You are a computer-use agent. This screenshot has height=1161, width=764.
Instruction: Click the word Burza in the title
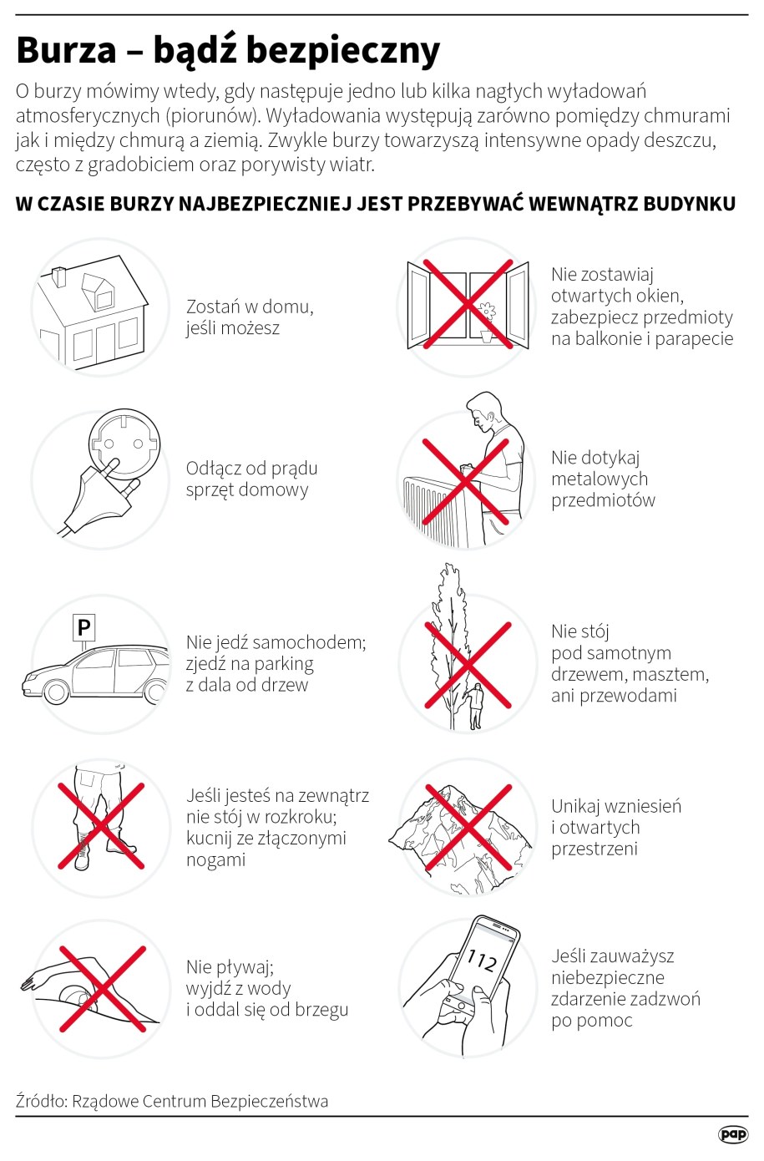coord(66,51)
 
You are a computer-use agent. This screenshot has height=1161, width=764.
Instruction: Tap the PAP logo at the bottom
coord(733,1134)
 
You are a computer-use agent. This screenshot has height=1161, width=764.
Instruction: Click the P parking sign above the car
coord(83,627)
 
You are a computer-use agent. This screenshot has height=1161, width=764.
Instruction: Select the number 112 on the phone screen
coord(482,960)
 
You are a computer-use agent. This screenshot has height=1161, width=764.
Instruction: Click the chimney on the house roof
coord(58,276)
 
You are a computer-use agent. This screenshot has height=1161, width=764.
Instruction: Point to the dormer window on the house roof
coord(99,291)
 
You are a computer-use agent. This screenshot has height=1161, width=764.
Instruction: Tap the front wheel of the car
coord(55,691)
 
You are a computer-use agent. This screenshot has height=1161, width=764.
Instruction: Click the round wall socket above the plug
coord(124,444)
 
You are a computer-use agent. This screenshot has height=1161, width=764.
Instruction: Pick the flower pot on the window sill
coord(486,336)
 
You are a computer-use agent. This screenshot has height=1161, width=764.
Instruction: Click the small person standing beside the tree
coord(475,706)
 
